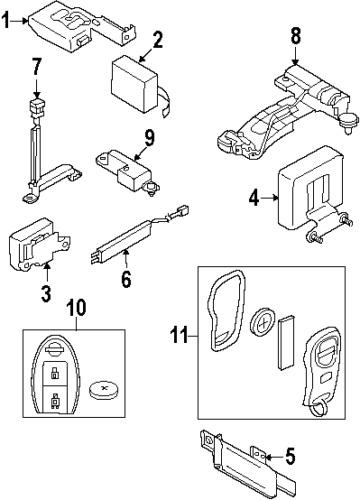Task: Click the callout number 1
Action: coord(7,20)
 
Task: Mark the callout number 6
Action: coord(126,279)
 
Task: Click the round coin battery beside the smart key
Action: coord(104,390)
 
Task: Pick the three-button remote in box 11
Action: coord(321,361)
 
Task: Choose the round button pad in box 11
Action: coord(264,323)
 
